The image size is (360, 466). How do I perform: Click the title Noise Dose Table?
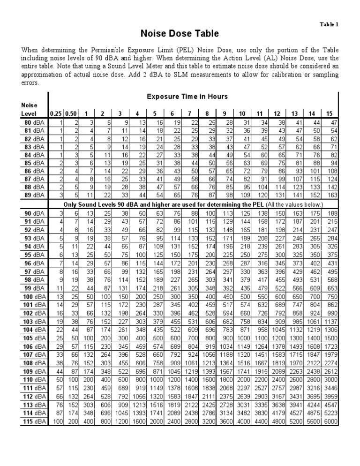tap(180, 34)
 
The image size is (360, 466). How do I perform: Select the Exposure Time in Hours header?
tap(187, 97)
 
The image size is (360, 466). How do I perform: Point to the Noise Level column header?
tap(28, 109)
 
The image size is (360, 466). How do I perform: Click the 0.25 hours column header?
tap(56, 113)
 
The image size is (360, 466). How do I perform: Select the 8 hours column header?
tap(207, 113)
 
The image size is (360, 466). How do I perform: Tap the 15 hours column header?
tap(329, 113)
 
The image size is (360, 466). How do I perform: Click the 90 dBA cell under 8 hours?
tap(207, 213)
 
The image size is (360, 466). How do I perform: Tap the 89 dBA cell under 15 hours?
tap(331, 195)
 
